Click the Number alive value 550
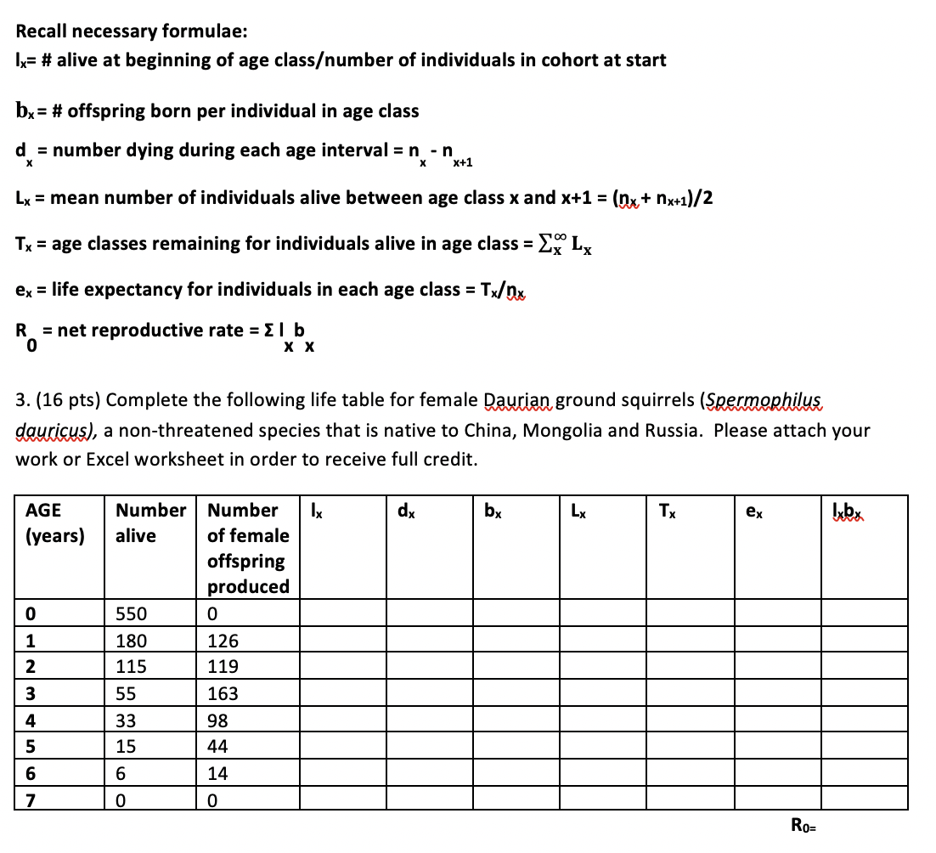[131, 613]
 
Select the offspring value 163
[223, 693]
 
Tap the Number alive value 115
[131, 667]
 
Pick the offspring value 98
[218, 720]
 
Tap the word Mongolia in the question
[564, 430]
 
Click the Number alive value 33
[126, 720]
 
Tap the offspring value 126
[223, 641]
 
